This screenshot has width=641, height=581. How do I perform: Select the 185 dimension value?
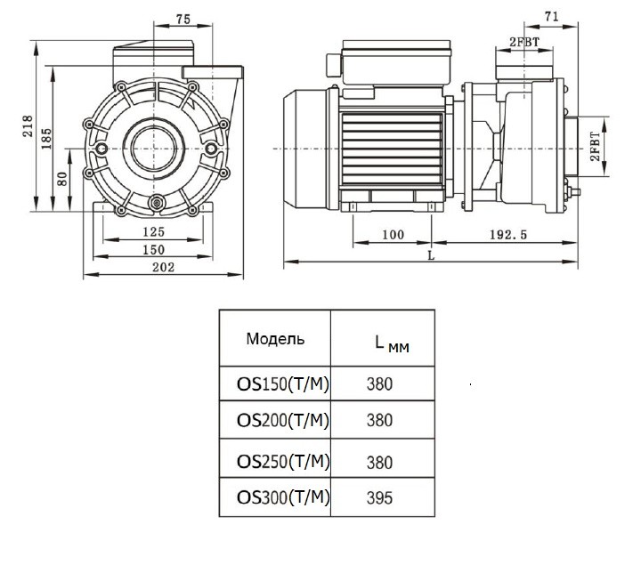point(46,138)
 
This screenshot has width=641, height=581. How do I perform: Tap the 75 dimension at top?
point(183,19)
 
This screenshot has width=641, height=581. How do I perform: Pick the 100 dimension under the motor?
point(392,235)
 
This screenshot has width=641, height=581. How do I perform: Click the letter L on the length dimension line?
point(431,255)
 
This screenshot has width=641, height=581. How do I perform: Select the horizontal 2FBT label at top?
point(524,42)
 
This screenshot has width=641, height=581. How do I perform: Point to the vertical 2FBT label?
point(595,143)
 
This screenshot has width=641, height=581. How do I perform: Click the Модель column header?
point(275,339)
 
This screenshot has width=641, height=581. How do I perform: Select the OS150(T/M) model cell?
point(283,385)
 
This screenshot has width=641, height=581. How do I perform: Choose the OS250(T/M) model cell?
point(283,461)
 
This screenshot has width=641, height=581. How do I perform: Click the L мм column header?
point(392,343)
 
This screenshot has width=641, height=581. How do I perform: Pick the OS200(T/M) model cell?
point(283,420)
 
